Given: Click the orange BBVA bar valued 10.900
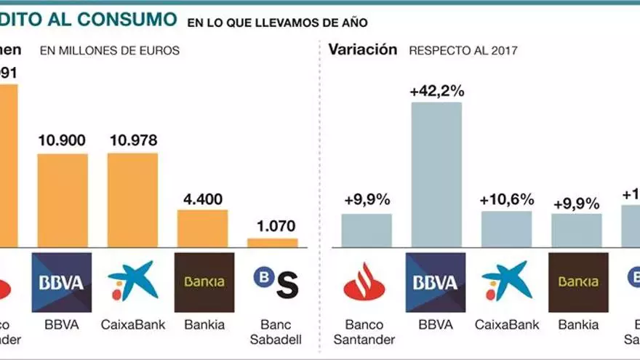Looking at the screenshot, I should click(x=63, y=201).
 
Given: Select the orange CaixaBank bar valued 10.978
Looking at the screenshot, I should click(x=132, y=200).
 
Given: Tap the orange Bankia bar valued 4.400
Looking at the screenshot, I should click(x=203, y=228).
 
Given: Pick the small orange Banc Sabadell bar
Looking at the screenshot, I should click(x=273, y=243).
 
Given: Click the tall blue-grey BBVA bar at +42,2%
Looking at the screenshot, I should click(x=436, y=175).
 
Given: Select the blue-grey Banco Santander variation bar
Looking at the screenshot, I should click(x=367, y=230).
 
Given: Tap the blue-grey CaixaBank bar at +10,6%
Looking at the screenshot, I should click(x=507, y=229).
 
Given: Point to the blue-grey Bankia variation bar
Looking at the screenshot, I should click(x=577, y=230).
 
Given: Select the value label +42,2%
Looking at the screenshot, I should click(x=436, y=92).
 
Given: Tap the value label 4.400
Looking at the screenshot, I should click(x=203, y=199).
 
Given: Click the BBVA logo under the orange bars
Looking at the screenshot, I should click(x=62, y=282).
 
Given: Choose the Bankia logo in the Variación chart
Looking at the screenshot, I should click(x=578, y=282).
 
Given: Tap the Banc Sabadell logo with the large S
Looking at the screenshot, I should click(x=276, y=282).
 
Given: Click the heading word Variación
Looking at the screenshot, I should click(x=362, y=50).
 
